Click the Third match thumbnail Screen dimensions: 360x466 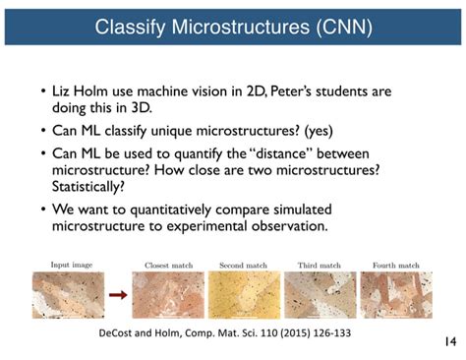[315, 292]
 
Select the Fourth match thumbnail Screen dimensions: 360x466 [390, 292]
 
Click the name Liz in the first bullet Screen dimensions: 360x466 [65, 91]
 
